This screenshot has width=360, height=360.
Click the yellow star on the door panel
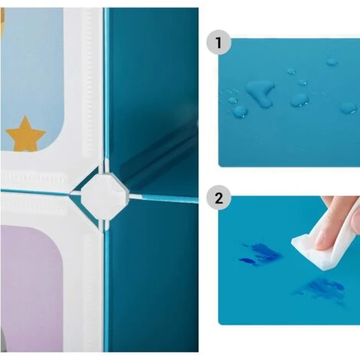click(x=25, y=135)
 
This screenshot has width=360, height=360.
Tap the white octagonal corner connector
click(x=104, y=196)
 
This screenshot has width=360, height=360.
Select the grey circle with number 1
click(x=218, y=42)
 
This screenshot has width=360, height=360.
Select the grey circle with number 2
click(x=218, y=198)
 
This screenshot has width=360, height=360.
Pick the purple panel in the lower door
click(x=31, y=289)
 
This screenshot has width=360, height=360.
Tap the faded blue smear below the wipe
click(x=320, y=290)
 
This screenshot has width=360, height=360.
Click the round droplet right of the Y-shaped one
click(x=299, y=100)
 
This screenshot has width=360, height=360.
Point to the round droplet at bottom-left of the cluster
click(x=240, y=112)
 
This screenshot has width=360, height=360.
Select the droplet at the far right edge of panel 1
click(x=349, y=108)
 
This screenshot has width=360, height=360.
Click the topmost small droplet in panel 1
click(x=332, y=62)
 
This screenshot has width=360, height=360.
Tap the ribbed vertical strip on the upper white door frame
click(x=88, y=83)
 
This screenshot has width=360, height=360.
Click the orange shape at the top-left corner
click(x=2, y=16)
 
